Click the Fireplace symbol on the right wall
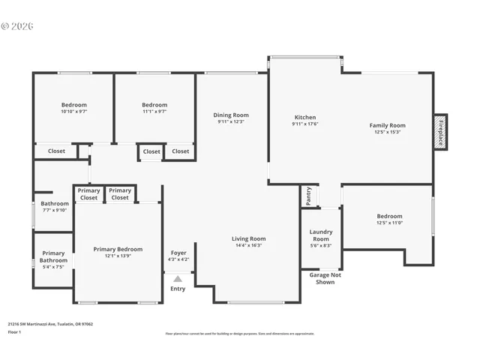pos(441,132)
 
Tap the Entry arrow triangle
pos(178,278)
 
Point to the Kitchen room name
pos(305,118)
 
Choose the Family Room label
pos(387,125)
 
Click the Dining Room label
pos(231,115)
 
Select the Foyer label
pos(178,253)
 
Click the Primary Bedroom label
pos(118,249)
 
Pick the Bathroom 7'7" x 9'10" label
pos(54,203)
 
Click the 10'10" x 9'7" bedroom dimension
pos(73,112)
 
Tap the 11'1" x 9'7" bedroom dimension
pos(154,112)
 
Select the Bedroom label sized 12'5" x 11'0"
pos(389,216)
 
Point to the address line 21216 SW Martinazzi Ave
pos(50,324)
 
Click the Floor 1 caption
pos(15,331)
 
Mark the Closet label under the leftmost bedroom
pos(56,151)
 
